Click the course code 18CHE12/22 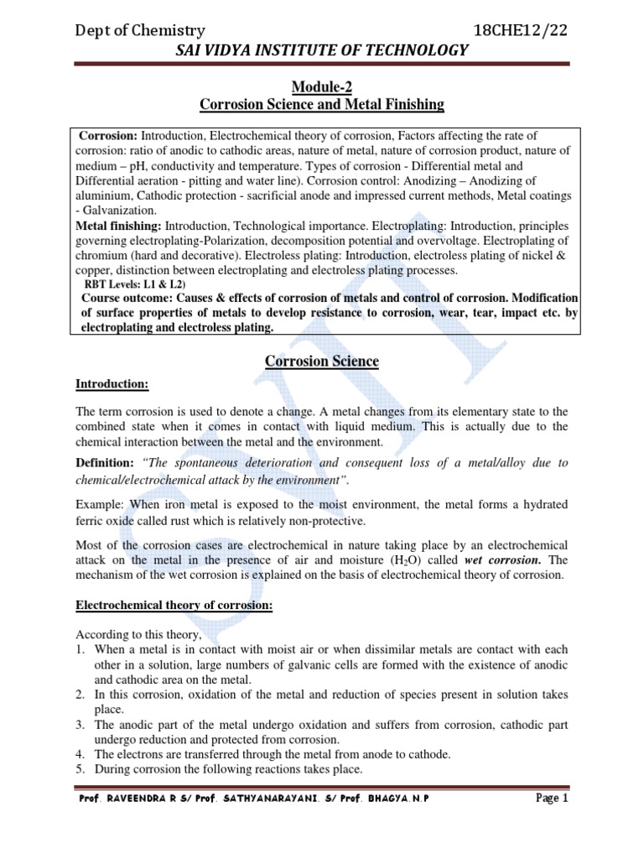click(521, 29)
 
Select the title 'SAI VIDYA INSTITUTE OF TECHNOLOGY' click(320, 51)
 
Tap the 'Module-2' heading click(321, 87)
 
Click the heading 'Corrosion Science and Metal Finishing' click(321, 105)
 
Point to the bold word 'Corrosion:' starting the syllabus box click(108, 136)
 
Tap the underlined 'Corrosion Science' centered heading click(322, 362)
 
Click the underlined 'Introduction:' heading click(112, 384)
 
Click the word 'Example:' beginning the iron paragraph click(100, 504)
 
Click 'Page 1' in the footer click(552, 799)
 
